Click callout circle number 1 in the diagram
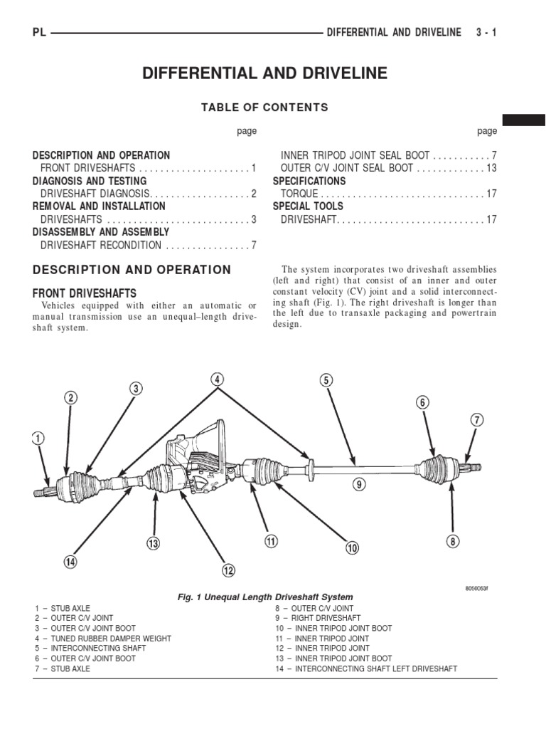38,439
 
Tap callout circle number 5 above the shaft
326,380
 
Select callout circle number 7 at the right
476,421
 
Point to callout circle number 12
227,570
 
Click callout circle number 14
70,562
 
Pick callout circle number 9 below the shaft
359,485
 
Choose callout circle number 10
353,547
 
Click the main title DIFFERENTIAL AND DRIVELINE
265,73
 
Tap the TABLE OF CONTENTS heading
264,107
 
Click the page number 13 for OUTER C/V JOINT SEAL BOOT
491,168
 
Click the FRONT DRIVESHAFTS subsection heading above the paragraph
85,293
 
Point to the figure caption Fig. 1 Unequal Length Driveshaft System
265,597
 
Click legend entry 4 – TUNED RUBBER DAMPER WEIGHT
102,639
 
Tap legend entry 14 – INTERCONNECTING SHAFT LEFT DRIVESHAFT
366,668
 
